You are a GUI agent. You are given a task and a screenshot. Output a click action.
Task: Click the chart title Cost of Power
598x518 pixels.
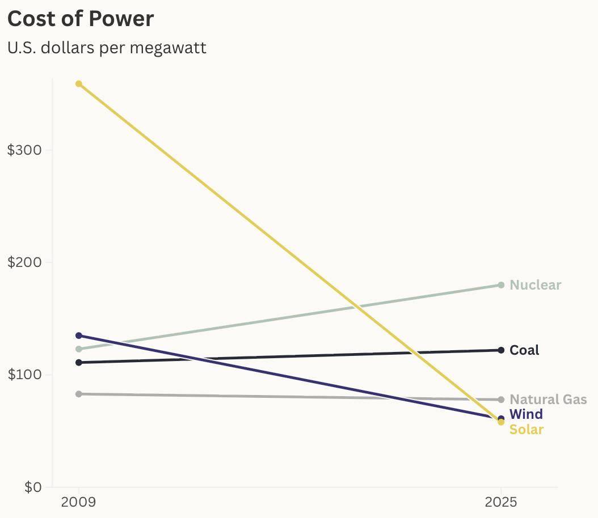click(x=81, y=19)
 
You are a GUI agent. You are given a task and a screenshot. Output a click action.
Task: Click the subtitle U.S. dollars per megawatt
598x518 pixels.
click(x=107, y=48)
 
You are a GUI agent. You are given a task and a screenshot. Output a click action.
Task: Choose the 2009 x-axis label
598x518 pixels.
click(x=79, y=502)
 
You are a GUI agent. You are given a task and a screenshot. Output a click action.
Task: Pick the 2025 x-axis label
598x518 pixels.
click(x=500, y=502)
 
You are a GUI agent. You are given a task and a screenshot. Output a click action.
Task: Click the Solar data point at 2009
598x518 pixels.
click(x=79, y=84)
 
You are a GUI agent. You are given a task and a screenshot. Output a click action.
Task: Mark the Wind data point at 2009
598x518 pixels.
click(x=79, y=336)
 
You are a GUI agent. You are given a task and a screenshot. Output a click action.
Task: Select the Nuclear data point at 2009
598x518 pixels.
click(x=79, y=349)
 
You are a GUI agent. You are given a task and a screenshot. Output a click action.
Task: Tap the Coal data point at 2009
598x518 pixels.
click(x=79, y=362)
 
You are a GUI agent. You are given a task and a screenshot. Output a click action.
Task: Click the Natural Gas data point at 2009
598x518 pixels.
click(x=79, y=394)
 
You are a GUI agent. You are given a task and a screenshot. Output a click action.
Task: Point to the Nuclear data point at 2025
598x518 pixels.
click(x=501, y=285)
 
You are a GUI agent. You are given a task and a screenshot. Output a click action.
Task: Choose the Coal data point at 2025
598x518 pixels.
click(x=501, y=350)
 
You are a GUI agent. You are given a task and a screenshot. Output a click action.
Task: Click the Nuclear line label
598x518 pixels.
click(x=536, y=285)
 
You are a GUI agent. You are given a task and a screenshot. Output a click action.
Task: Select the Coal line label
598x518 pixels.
click(x=524, y=350)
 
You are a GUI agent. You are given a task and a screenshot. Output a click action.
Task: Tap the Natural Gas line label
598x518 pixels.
click(x=548, y=400)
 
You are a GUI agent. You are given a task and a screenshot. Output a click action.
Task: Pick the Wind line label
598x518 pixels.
click(x=526, y=414)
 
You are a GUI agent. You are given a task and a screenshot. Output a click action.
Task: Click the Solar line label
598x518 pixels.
click(x=527, y=430)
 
